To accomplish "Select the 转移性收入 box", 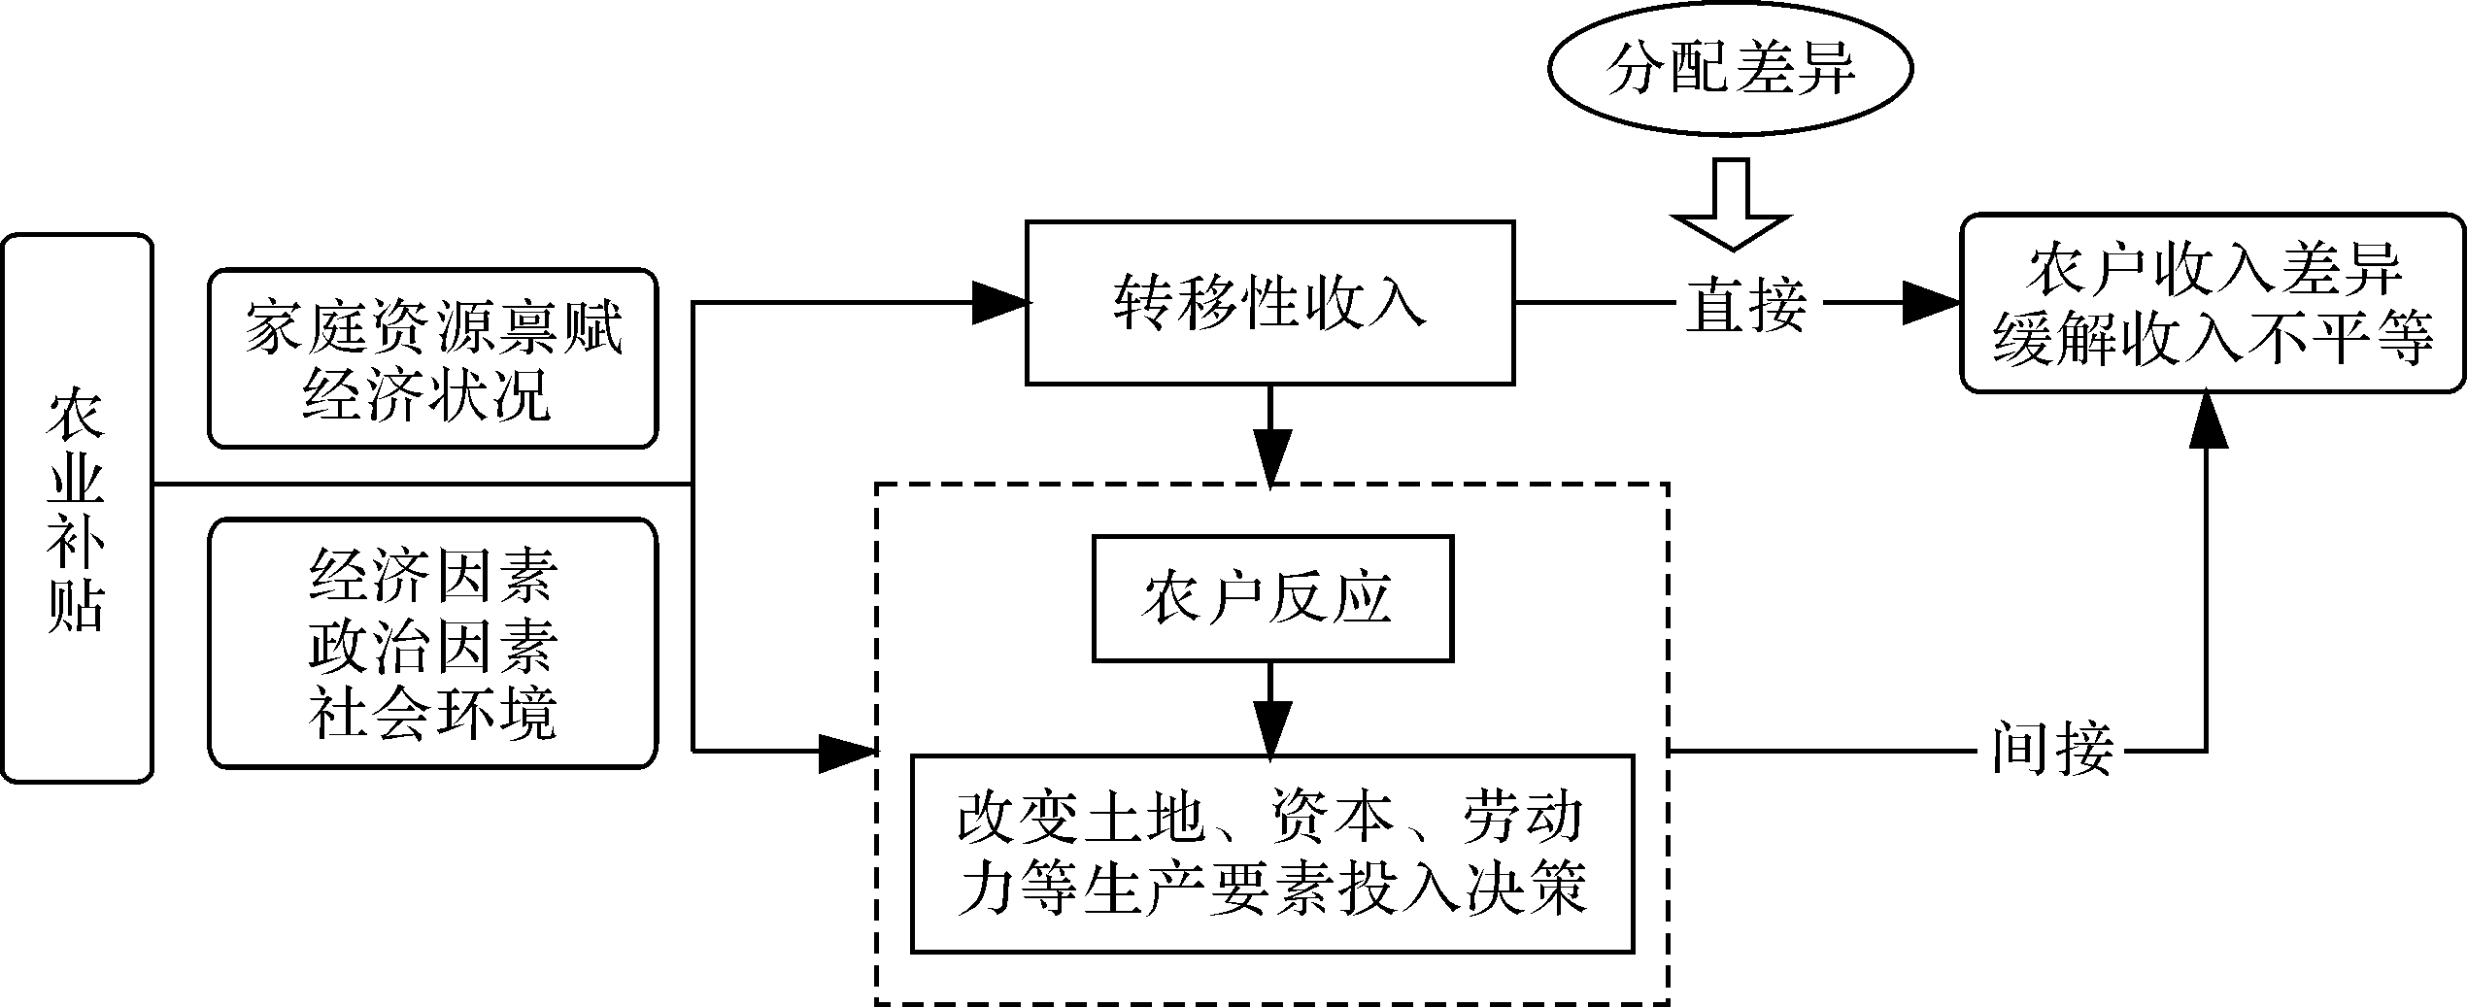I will coord(1269,303).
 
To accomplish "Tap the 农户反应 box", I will coord(1271,598).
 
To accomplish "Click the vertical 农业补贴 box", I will coord(77,507).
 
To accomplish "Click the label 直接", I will coord(1745,304).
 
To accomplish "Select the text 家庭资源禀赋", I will coord(433,328).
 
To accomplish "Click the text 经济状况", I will coord(427,395).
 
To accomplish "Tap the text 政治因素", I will coord(433,646).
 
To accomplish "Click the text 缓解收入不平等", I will coord(2214,339).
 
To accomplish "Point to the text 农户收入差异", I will coord(2214,271).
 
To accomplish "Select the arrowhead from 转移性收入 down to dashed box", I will coord(1270,454).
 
